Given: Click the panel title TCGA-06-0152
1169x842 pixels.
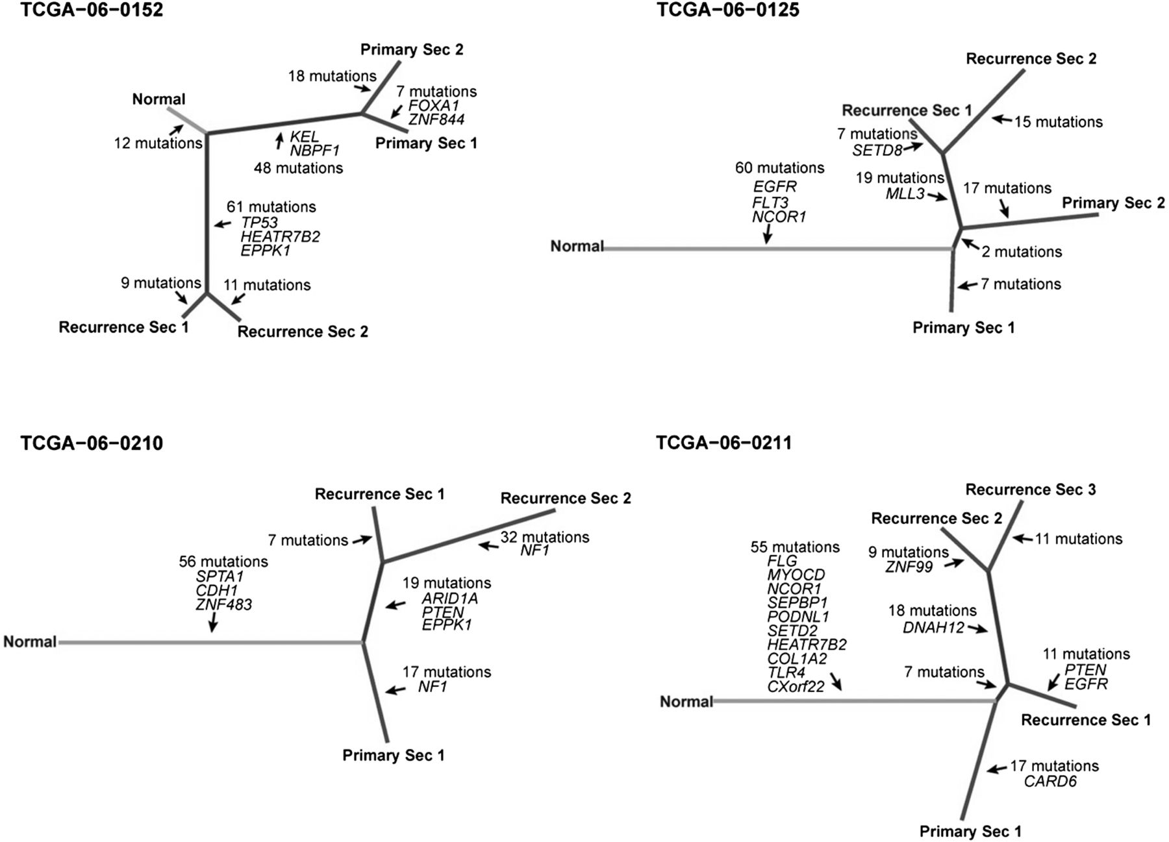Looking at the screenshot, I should (x=92, y=10).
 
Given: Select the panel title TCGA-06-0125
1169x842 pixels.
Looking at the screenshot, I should (x=728, y=10).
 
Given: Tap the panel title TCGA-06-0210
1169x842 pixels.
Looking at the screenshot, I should (x=92, y=443).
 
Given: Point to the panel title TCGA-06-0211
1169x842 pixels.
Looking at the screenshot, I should (x=724, y=443).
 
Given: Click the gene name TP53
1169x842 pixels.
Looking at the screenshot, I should (x=259, y=223).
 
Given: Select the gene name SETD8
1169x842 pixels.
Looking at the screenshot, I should (x=877, y=151).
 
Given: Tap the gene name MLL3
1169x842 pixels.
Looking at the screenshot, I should (x=905, y=193).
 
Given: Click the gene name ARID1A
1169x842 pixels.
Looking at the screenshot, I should (x=449, y=599).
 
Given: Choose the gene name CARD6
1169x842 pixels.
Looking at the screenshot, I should (x=1050, y=782).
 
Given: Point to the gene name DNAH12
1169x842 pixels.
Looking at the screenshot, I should (x=933, y=627).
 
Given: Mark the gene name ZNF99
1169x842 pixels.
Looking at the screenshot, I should (x=909, y=567).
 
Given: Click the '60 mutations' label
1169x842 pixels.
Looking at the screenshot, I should (x=779, y=168).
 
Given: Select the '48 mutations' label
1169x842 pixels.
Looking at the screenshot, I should (x=298, y=169).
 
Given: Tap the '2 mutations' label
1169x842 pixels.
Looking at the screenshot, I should (x=1022, y=252).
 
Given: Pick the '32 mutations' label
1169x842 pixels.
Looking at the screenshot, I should (x=544, y=538).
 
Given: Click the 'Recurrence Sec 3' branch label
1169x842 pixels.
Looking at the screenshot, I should (x=1031, y=490).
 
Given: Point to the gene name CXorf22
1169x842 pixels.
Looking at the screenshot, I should (x=796, y=686).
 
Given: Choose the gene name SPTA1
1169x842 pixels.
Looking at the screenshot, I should (x=220, y=576).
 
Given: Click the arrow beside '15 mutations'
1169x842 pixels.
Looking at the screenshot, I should (x=1002, y=119).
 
